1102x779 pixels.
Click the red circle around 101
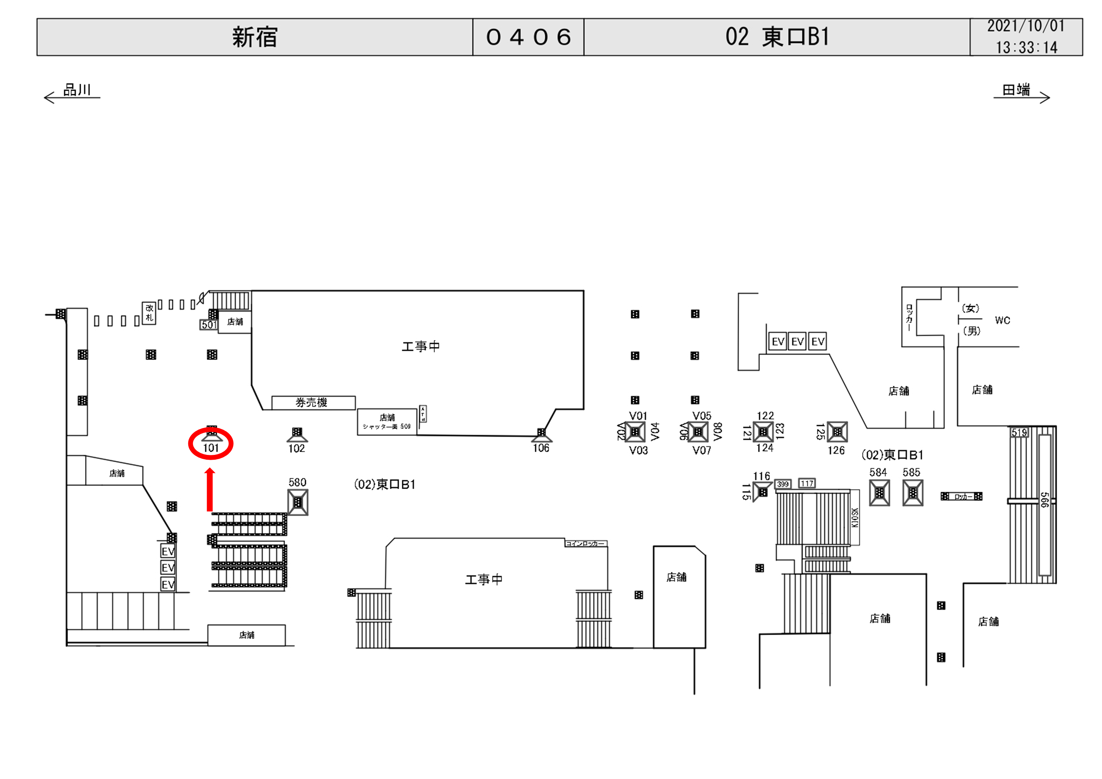click(x=210, y=444)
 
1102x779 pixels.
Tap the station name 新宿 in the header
click(x=255, y=37)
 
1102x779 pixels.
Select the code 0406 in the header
click(x=528, y=37)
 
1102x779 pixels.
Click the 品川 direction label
click(x=77, y=90)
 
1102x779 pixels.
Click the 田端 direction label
click(x=1016, y=90)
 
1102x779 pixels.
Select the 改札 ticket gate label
click(x=149, y=313)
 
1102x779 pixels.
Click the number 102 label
click(x=297, y=448)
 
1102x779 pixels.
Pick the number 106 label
click(x=541, y=448)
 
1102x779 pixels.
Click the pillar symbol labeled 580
click(x=297, y=502)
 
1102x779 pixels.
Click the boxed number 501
click(x=208, y=325)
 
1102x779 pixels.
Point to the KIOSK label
click(x=854, y=517)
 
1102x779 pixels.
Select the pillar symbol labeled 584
click(x=879, y=493)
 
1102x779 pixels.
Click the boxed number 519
click(x=1019, y=433)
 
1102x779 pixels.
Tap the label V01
click(x=638, y=416)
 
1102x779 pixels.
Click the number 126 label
click(x=836, y=450)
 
